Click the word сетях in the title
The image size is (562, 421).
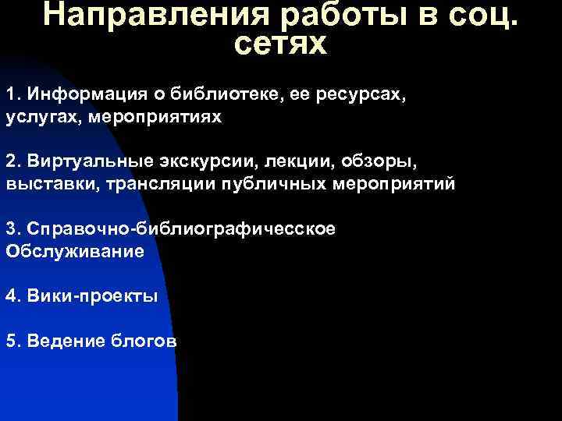[280, 44]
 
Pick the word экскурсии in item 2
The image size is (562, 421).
[208, 162]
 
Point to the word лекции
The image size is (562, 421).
[297, 162]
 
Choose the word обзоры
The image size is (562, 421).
[379, 162]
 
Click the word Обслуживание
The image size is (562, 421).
[75, 252]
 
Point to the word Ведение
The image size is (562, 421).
[62, 341]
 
